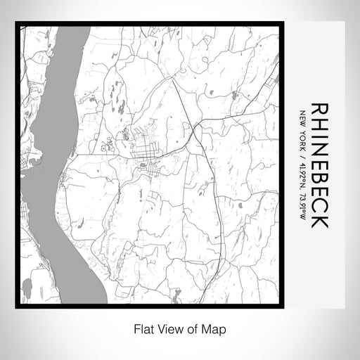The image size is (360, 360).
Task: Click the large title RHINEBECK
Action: click(319, 166)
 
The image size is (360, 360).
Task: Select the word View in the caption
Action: click(161, 328)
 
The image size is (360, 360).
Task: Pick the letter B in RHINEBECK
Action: click(319, 180)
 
